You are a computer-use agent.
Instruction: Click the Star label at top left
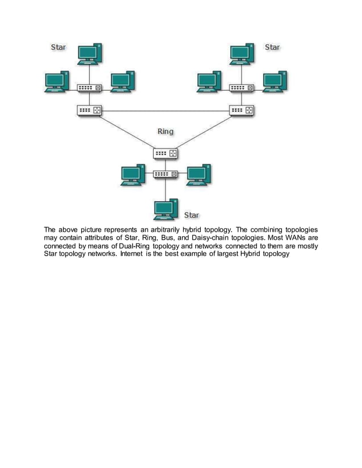point(58,47)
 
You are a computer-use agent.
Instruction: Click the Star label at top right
point(272,47)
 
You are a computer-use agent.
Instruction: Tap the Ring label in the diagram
point(165,131)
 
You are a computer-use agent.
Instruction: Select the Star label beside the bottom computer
point(192,215)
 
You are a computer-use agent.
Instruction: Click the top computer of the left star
point(90,54)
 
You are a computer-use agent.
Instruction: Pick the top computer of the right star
point(242,54)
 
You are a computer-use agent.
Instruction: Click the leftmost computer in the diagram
point(56,82)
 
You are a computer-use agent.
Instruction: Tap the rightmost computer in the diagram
point(275,82)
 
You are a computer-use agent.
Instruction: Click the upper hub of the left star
point(90,88)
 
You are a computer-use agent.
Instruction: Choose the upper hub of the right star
point(242,88)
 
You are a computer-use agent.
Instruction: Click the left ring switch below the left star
point(90,110)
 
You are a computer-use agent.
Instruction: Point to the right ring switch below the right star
point(242,110)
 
